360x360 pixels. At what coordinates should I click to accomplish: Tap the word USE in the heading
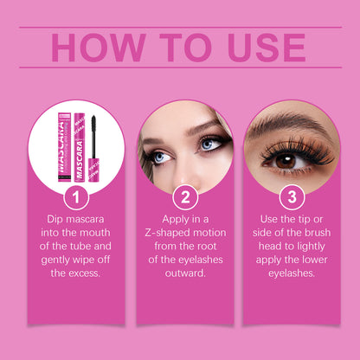[267, 48]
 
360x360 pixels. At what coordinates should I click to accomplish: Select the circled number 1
[76, 197]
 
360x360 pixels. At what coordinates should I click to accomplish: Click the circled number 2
[185, 197]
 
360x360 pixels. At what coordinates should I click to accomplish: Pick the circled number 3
[292, 197]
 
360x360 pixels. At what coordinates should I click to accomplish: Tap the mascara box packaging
[64, 147]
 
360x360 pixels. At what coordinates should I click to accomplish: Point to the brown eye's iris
[286, 161]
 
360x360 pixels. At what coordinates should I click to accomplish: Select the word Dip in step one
[55, 220]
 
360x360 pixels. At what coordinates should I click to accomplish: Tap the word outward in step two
[185, 273]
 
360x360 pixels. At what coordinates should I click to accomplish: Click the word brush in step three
[316, 233]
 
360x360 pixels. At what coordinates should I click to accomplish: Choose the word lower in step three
[314, 260]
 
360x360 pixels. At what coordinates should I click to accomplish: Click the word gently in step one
[55, 260]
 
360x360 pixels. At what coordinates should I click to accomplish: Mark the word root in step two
[206, 247]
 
